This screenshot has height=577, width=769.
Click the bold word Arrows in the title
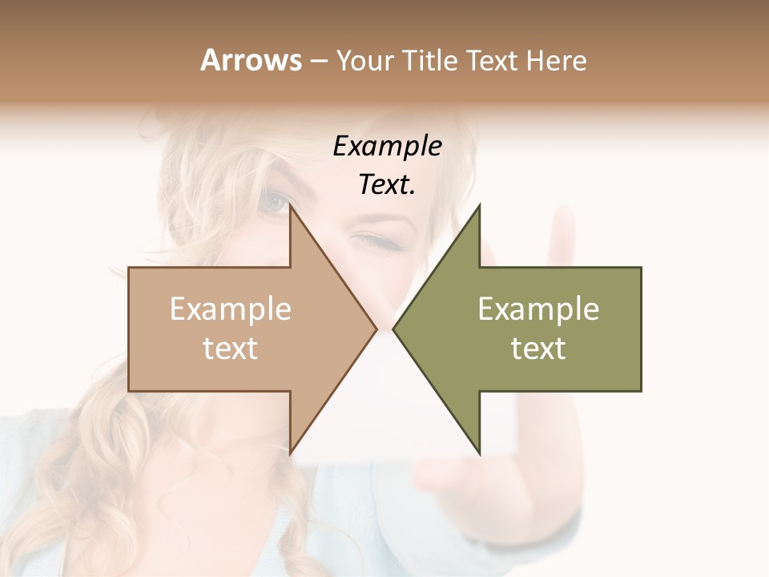coord(250,59)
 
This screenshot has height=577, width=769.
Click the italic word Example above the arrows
coord(387,147)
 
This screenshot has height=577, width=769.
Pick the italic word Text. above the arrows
coord(387,185)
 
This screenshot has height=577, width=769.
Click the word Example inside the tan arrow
coord(231,309)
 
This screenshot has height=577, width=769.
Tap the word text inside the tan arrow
coord(231,349)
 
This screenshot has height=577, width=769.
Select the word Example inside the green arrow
coord(538,309)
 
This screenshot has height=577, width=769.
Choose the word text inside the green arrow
coord(538,349)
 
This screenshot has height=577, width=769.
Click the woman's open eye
coord(274,202)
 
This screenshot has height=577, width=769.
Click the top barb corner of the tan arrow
coord(291,208)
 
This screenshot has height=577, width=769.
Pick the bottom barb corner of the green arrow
coord(479,453)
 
